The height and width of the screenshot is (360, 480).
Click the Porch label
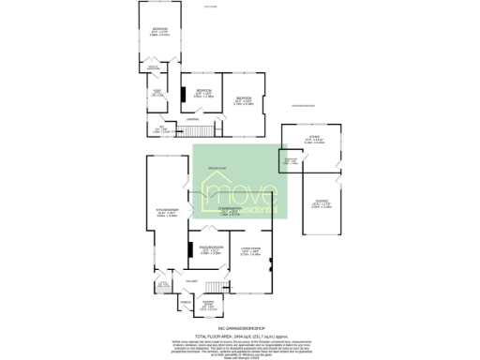184,303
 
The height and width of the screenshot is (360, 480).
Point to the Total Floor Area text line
240,336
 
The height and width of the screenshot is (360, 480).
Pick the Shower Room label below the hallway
209,303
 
